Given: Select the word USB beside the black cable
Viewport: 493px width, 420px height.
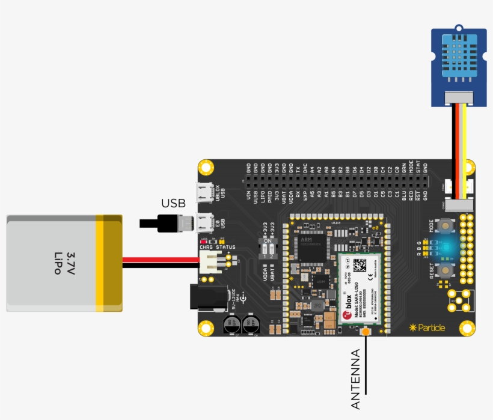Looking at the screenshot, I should click(x=173, y=203).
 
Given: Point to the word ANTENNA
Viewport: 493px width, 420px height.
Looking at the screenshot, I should click(x=355, y=379).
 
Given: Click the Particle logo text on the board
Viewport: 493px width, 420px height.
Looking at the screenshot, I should click(x=429, y=327).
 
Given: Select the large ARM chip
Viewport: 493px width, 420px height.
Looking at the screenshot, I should click(x=312, y=249).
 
